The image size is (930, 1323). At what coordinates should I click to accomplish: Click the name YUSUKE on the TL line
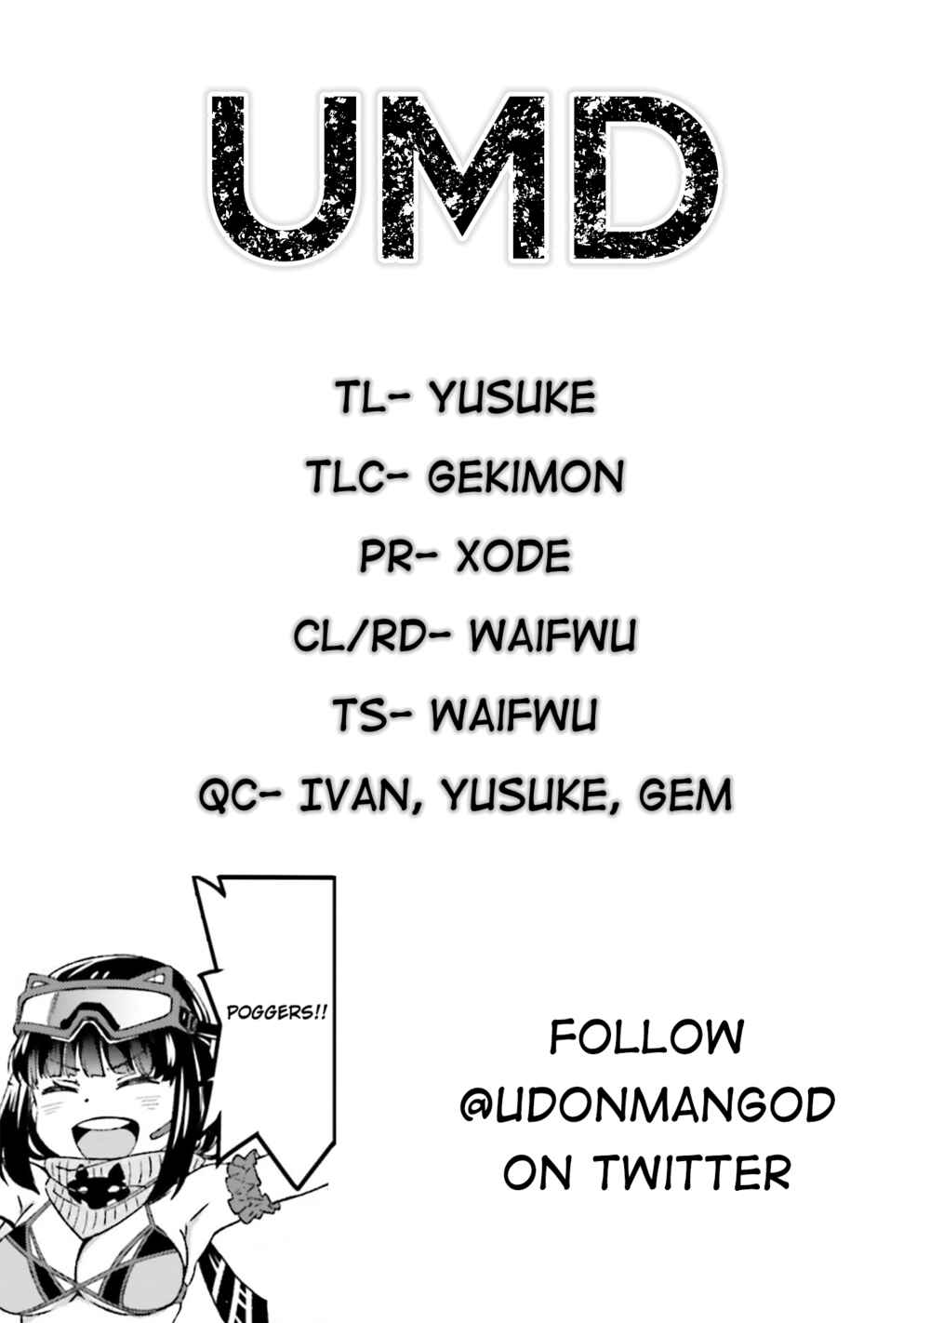coord(512,397)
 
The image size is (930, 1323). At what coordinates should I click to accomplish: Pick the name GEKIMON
coord(525,476)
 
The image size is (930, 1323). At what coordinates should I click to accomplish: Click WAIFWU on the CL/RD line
coord(553,635)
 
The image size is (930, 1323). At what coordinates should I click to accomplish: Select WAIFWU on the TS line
coord(513,715)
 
